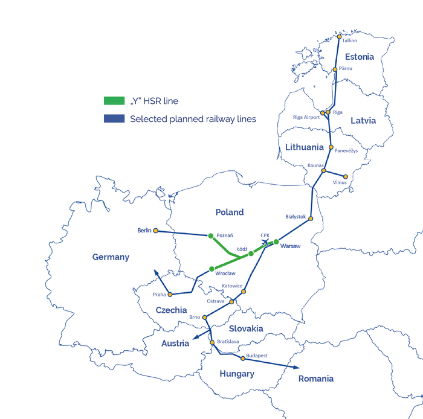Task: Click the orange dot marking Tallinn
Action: click(x=339, y=36)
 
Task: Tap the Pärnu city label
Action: click(x=346, y=69)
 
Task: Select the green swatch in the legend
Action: click(x=114, y=101)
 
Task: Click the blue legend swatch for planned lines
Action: click(x=114, y=119)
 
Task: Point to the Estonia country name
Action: click(x=359, y=57)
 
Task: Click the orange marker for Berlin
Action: click(x=156, y=231)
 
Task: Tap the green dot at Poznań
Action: click(x=210, y=235)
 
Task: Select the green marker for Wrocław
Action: click(x=211, y=269)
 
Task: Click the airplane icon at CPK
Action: click(x=265, y=243)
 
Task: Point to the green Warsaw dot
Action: click(x=276, y=241)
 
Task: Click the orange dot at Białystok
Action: click(x=311, y=219)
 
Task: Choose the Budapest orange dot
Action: click(x=243, y=359)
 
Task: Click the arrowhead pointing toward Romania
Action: click(x=295, y=367)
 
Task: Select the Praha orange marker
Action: click(x=170, y=295)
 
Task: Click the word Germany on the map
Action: click(x=111, y=257)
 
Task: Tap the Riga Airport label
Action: click(x=306, y=117)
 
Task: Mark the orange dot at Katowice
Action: click(x=244, y=292)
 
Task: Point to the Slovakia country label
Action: click(x=245, y=328)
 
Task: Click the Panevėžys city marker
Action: click(x=331, y=147)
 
